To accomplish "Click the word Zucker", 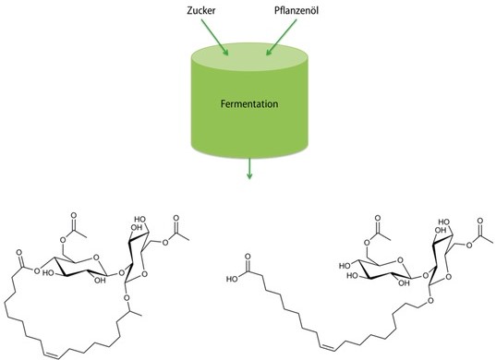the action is coord(200,10).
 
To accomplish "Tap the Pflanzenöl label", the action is coord(296,10).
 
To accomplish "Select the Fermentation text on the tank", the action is coord(249,104).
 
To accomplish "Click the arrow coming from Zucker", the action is coord(214,37).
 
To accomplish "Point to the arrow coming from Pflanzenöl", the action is coord(281,37).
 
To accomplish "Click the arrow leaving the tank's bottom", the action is coord(249,169).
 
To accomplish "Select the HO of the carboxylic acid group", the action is coord(233,279).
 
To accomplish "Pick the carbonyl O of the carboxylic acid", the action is coord(248,257).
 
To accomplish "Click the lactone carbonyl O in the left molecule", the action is coord(19,253).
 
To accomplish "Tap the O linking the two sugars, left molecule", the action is coord(120,272).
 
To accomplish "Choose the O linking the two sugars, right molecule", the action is coord(425,276).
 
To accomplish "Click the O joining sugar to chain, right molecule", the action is coord(430,300).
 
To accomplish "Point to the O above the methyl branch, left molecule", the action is coord(127,297).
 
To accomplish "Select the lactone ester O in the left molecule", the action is coord(37,270).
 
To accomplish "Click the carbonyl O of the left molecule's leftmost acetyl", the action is coord(74,216).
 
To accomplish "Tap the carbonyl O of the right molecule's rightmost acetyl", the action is coord(480,221).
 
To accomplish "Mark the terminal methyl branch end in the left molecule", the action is coord(141,316).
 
